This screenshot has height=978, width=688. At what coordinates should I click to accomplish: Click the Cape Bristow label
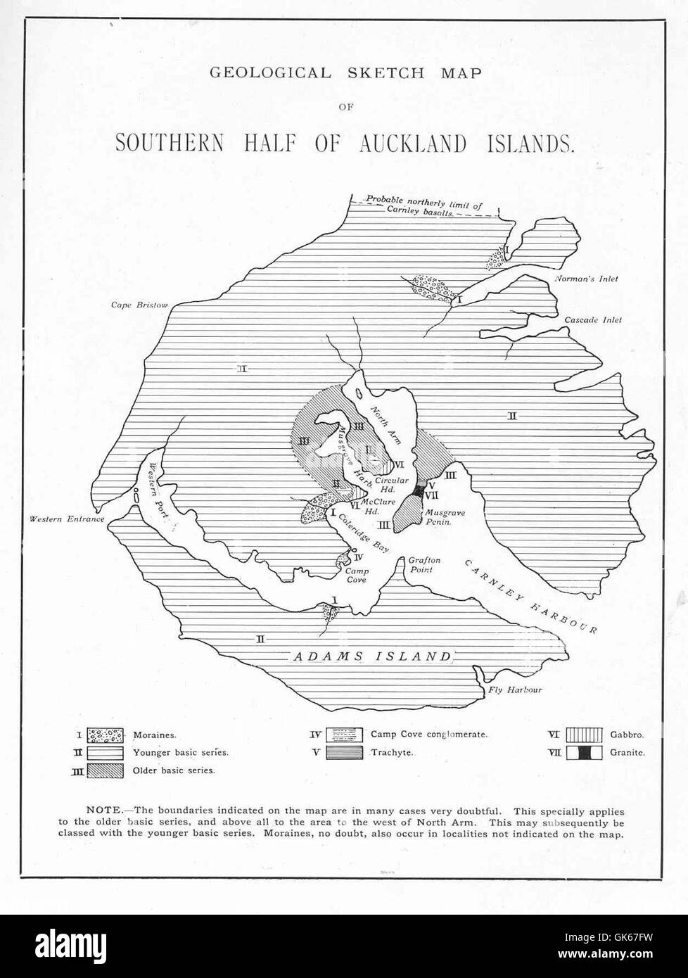coord(140,305)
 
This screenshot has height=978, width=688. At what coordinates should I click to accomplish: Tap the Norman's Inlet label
coord(585,279)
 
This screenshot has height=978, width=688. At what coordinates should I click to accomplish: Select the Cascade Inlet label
coord(593,319)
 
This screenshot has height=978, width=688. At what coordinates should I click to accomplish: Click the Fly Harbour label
coord(515,690)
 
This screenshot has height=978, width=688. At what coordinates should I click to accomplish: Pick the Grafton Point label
coord(424,564)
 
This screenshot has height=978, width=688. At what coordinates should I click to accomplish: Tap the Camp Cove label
coord(357,576)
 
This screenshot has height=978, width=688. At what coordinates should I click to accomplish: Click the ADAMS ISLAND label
coord(371,656)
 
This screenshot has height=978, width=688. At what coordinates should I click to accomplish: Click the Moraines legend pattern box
coord(106,735)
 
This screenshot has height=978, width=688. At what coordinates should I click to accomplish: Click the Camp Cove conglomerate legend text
coord(428,735)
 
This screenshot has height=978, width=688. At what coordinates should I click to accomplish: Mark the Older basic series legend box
coord(106,770)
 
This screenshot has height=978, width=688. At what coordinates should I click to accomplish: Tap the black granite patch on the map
coord(421,491)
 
